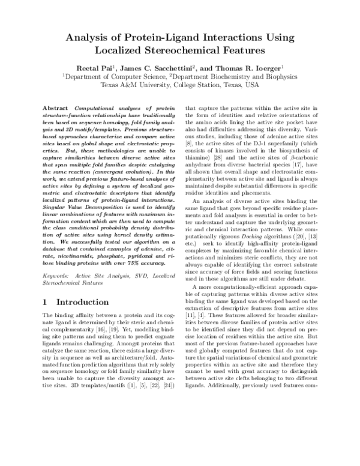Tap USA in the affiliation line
tap(252, 85)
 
